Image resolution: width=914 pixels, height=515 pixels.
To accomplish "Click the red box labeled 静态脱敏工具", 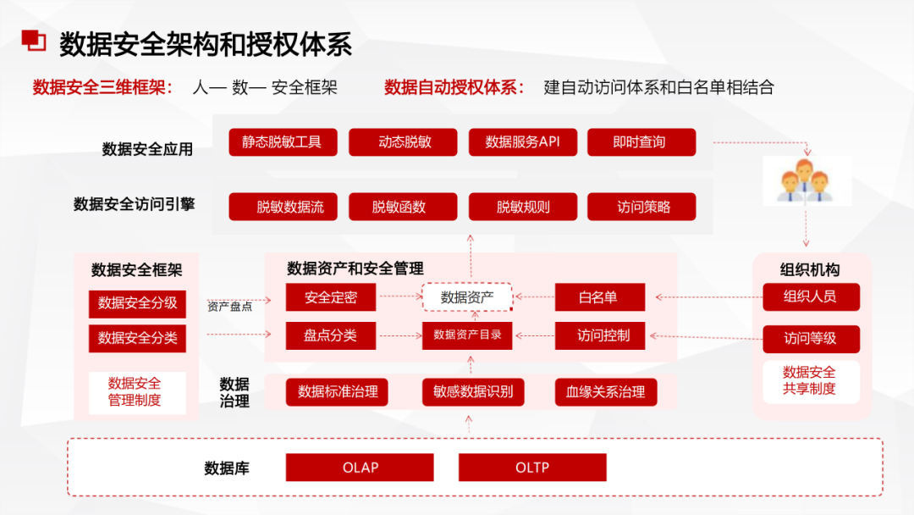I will [x=282, y=142].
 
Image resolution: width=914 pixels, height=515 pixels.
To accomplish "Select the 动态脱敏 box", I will [x=403, y=142].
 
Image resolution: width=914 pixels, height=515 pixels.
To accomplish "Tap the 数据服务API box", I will [x=522, y=142].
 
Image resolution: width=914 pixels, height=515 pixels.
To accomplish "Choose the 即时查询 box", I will [x=641, y=142].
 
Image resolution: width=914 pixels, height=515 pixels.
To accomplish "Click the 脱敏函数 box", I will [x=403, y=207].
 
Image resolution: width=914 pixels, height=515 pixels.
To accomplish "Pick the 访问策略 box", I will [x=641, y=207].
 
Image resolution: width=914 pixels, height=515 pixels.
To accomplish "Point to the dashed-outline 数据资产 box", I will [x=467, y=297].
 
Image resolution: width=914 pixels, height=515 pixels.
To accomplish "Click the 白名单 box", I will [x=599, y=297].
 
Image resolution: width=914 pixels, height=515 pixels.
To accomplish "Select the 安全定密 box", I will [x=330, y=297].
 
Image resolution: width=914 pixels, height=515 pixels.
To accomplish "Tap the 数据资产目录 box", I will [x=467, y=335].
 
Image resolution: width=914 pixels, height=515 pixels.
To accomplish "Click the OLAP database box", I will [x=360, y=468].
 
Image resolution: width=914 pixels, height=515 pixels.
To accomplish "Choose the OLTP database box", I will [x=532, y=468].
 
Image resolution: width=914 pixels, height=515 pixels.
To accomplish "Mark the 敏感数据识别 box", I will [x=473, y=391].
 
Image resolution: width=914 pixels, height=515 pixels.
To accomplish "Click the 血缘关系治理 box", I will [x=605, y=391].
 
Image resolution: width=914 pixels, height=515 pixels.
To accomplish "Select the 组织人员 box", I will [x=810, y=296].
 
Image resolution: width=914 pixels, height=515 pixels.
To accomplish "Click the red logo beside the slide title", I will [x=33, y=42].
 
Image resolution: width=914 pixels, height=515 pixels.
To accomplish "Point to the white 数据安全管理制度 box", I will [x=136, y=392].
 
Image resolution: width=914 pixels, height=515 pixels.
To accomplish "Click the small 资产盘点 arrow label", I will [x=229, y=307].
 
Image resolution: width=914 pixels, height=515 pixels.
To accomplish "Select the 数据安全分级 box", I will [x=137, y=303].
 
